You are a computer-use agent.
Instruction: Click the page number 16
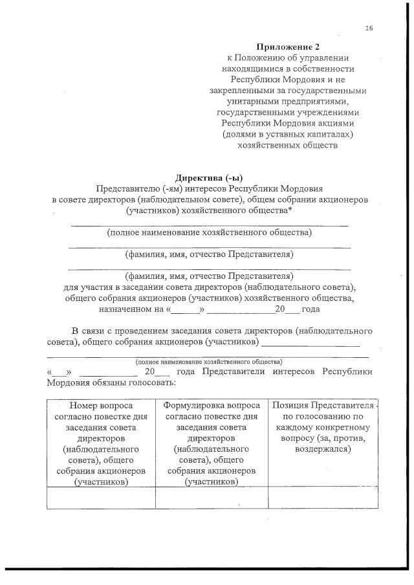(x=369, y=28)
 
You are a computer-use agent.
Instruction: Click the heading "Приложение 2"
(x=288, y=47)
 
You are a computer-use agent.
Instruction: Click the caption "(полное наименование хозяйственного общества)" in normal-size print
(x=209, y=232)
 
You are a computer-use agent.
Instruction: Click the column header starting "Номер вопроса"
(x=100, y=443)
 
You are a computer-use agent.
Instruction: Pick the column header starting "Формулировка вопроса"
(x=212, y=443)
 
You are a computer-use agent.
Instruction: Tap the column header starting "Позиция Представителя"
(x=322, y=427)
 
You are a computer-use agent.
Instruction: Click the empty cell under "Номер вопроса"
(x=100, y=497)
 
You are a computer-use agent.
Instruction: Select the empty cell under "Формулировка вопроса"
(x=212, y=497)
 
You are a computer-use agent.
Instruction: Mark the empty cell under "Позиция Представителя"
(x=322, y=497)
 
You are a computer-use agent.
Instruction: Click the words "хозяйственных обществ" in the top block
(x=288, y=145)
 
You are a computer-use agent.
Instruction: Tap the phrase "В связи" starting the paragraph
(x=88, y=331)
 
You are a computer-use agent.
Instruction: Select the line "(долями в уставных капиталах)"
(x=288, y=134)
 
